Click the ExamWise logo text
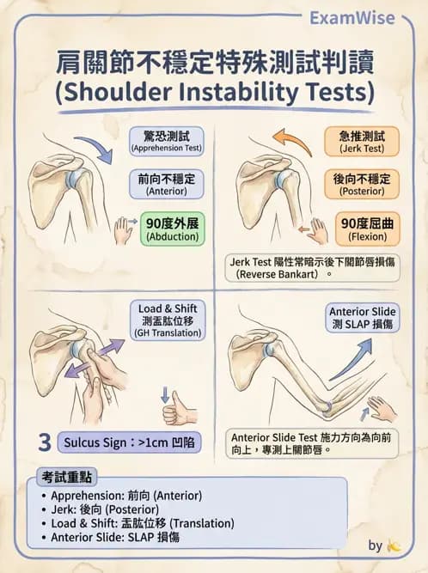click(352, 18)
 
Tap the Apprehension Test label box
click(167, 142)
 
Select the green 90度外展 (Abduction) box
click(173, 229)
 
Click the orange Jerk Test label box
click(362, 142)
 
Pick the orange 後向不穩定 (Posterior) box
click(362, 184)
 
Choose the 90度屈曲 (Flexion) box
click(367, 229)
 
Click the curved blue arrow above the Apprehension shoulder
click(95, 149)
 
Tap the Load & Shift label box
click(168, 320)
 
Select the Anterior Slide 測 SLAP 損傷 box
click(362, 318)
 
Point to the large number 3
click(45, 442)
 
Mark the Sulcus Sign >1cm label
click(129, 442)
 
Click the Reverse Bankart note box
click(313, 268)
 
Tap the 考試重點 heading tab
click(66, 477)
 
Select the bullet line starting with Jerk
click(101, 509)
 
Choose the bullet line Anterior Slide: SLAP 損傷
click(110, 537)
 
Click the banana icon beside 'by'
click(394, 546)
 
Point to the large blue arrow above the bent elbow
click(350, 359)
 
